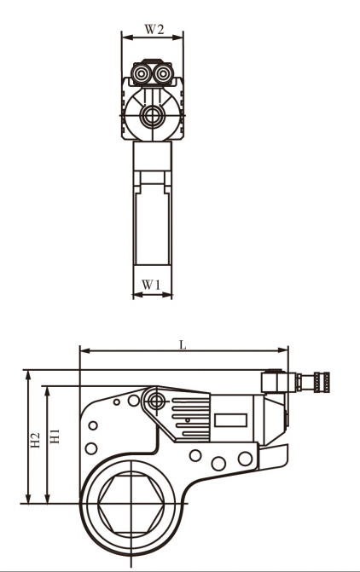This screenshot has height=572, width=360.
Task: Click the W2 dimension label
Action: (x=154, y=29)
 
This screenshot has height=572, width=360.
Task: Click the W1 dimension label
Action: (x=151, y=285)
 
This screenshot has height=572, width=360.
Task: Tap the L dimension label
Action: (x=183, y=344)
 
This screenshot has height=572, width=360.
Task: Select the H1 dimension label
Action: (x=55, y=436)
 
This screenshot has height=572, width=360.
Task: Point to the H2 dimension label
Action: (x=36, y=441)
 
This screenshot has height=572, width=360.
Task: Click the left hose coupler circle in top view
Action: (x=142, y=74)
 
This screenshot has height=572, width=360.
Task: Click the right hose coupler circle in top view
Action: (x=162, y=74)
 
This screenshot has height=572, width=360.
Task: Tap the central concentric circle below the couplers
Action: (x=151, y=117)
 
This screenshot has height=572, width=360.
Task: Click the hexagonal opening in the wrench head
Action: (x=131, y=504)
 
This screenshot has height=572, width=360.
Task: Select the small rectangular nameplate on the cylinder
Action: (x=230, y=420)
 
